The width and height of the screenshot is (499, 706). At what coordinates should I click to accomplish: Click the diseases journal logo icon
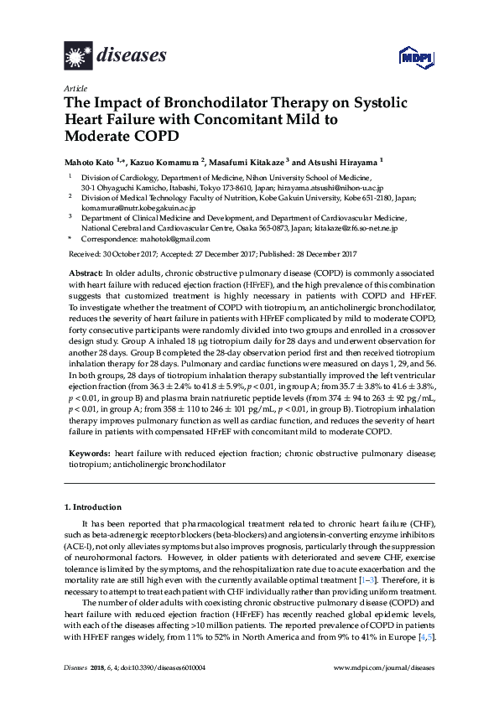pos(79,57)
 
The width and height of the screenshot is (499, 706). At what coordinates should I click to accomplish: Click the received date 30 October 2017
pos(134,254)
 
